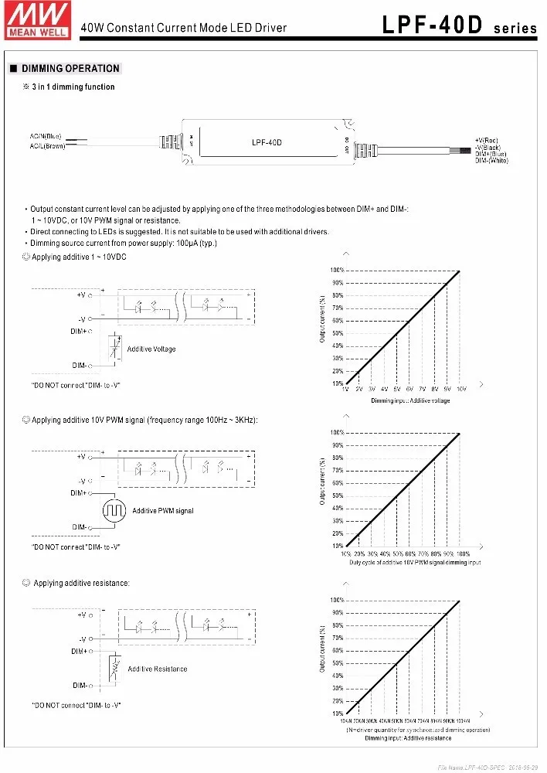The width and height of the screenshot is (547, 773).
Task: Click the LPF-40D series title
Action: pyautogui.click(x=459, y=27)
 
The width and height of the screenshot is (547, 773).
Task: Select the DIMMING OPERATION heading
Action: pyautogui.click(x=70, y=69)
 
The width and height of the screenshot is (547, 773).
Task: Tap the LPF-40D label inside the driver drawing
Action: pyautogui.click(x=267, y=142)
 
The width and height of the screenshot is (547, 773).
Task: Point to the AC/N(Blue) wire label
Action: pyautogui.click(x=46, y=137)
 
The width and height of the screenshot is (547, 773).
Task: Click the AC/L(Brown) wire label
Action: pyautogui.click(x=47, y=145)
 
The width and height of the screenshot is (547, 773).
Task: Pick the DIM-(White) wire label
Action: pyautogui.click(x=491, y=160)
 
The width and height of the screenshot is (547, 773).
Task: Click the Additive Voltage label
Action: pyautogui.click(x=151, y=349)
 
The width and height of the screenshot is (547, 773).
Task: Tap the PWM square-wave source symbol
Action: pyautogui.click(x=113, y=510)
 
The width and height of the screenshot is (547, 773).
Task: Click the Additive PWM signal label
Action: pyautogui.click(x=163, y=511)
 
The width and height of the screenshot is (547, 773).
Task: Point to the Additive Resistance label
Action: pyautogui.click(x=158, y=669)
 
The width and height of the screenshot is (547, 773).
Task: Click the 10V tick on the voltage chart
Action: pyautogui.click(x=461, y=389)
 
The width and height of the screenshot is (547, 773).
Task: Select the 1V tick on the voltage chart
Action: pyautogui.click(x=345, y=389)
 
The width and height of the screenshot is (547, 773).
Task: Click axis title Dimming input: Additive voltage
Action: pyautogui.click(x=410, y=400)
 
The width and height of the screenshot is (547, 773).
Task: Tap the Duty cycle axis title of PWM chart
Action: pyautogui.click(x=414, y=563)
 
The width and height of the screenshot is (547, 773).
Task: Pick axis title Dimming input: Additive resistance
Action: pyautogui.click(x=411, y=738)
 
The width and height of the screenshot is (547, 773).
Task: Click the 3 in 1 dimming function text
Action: pyautogui.click(x=73, y=87)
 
